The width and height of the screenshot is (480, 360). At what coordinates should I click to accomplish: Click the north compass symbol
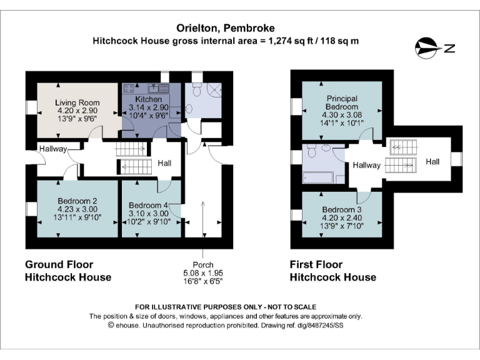[429, 46]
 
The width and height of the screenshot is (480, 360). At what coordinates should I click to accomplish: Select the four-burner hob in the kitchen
[129, 88]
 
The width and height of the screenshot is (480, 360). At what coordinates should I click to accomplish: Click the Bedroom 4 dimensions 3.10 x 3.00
[149, 214]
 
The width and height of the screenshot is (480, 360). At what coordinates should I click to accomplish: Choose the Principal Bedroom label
[341, 102]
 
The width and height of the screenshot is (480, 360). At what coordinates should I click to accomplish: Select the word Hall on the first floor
[432, 161]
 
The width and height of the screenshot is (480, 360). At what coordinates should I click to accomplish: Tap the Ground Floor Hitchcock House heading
[67, 271]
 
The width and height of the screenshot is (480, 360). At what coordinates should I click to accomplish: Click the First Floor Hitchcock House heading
[332, 271]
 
